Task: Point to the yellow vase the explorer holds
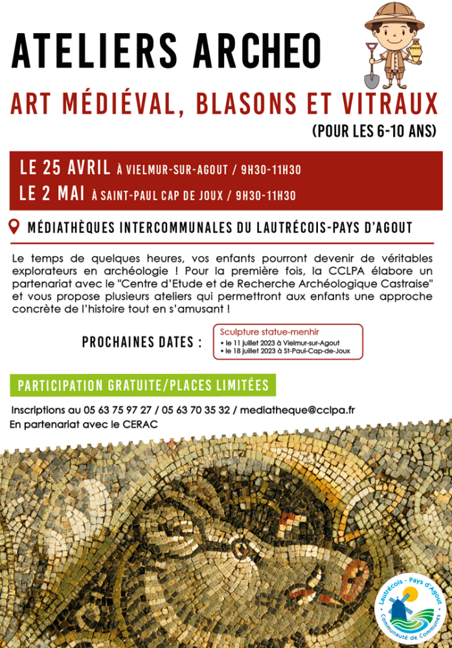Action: (x=415, y=51)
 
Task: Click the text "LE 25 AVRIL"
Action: (x=65, y=168)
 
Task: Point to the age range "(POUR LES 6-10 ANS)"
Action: (x=374, y=132)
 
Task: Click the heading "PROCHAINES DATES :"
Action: (x=142, y=342)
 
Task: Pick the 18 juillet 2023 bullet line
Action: (x=289, y=351)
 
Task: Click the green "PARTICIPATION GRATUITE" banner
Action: (x=143, y=386)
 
